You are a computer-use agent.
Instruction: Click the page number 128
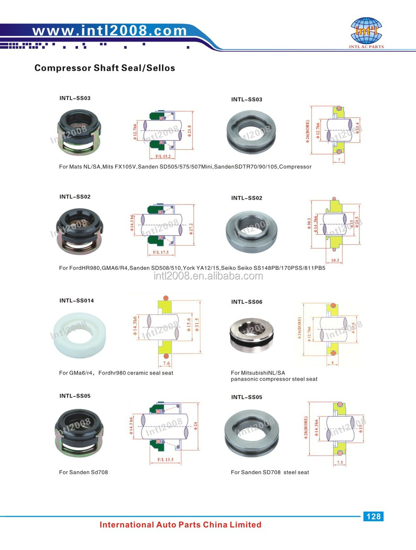(373, 516)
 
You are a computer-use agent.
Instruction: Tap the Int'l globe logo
(366, 31)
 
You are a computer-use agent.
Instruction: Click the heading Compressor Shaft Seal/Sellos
(104, 68)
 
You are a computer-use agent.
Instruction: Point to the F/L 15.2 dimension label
(163, 157)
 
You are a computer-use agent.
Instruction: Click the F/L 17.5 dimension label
(161, 252)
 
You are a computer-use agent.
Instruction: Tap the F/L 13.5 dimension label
(165, 460)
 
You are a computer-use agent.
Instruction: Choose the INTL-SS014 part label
(77, 300)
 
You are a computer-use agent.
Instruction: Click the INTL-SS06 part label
(247, 302)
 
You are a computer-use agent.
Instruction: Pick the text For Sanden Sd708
(83, 472)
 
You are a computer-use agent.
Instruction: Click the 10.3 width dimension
(335, 260)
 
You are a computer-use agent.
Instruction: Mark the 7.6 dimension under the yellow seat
(166, 363)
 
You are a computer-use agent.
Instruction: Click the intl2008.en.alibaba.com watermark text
(208, 276)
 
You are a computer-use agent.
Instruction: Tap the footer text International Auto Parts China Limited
(180, 525)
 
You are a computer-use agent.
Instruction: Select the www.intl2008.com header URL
(109, 30)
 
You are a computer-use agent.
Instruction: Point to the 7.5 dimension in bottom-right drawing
(340, 462)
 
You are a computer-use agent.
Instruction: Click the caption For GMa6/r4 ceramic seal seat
(116, 373)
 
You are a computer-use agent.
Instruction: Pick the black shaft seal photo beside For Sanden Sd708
(79, 432)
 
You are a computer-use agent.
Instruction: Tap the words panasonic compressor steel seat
(274, 379)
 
